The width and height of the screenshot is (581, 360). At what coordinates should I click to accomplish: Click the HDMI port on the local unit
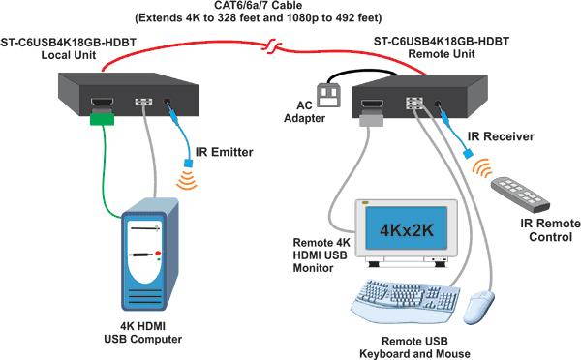click(102, 103)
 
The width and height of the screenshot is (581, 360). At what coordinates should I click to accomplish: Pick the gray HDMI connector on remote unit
click(372, 119)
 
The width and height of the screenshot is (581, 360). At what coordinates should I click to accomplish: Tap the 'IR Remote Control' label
click(546, 229)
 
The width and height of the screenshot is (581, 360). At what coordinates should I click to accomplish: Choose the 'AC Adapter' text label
click(306, 114)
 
